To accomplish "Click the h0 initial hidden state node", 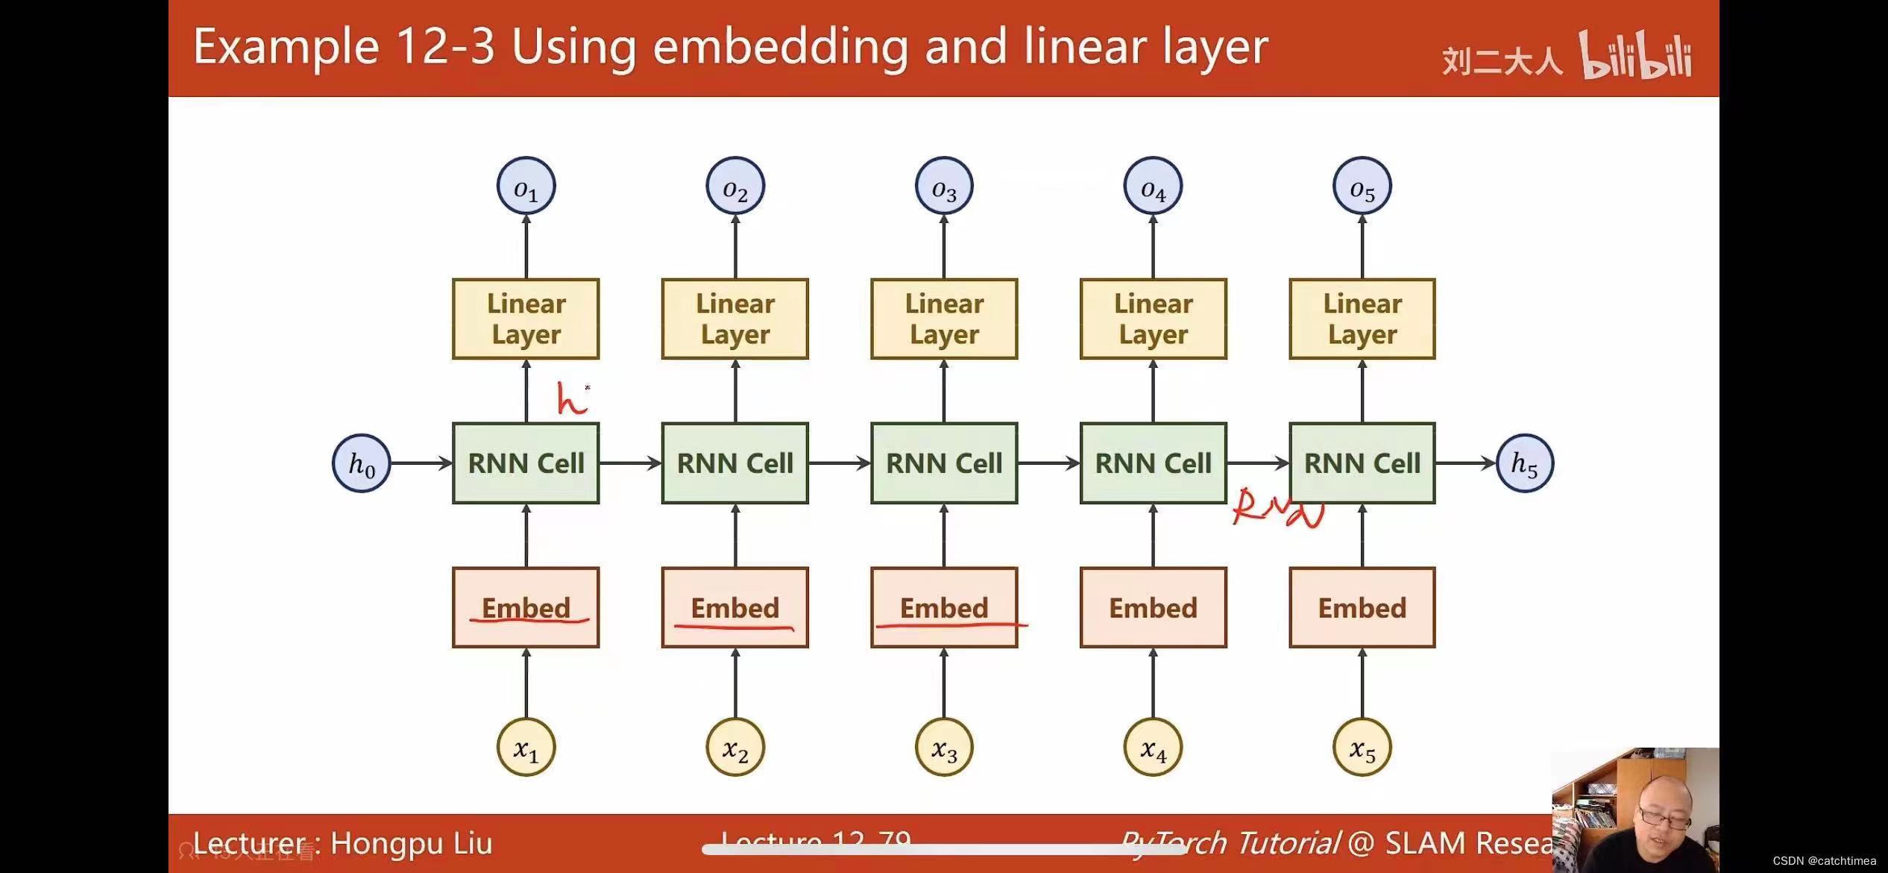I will pos(361,463).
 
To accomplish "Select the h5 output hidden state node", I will pos(1525,463).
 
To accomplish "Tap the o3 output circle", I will pos(944,187).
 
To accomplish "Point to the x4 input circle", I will pos(1153,748).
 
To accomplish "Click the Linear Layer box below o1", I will pos(526,319).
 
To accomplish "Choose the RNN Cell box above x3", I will pos(944,463).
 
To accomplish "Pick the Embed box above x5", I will pos(1362,607).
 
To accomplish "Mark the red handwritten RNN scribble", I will pos(1277,508).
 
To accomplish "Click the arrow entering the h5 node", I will pos(1465,463).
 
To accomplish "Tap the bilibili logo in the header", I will pos(1634,56).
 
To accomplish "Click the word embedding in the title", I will pos(781,47).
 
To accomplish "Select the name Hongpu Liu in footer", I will pos(411,843).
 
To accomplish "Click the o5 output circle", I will pos(1362,187).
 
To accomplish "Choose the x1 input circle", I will pos(526,748).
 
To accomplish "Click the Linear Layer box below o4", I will pos(1153,319).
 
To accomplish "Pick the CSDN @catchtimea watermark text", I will pos(1824,860).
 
